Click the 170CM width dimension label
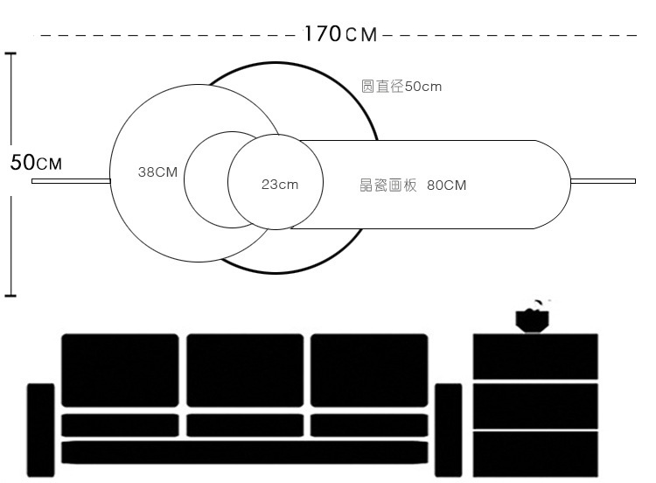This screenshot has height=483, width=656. pos(340,34)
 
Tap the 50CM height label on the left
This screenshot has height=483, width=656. pos(36,163)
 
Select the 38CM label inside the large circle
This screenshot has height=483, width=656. pos(157,171)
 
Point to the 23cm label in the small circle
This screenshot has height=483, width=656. pos(279,185)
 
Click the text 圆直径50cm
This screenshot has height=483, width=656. pos(401,86)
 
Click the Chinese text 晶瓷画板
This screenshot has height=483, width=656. pos(388,185)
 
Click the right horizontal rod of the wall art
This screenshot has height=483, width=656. pos(603,181)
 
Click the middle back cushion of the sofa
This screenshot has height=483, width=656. pos(245,369)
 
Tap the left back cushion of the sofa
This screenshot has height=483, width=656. pos(120,369)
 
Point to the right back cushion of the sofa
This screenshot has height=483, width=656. pos(369,369)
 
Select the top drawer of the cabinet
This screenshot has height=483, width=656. pos(535,356)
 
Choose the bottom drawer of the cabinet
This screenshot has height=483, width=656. pos(535,453)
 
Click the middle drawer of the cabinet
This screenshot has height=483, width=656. pos(535,404)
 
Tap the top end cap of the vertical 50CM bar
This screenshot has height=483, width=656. pos(10,54)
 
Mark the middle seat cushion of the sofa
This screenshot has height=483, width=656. pos(245,425)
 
